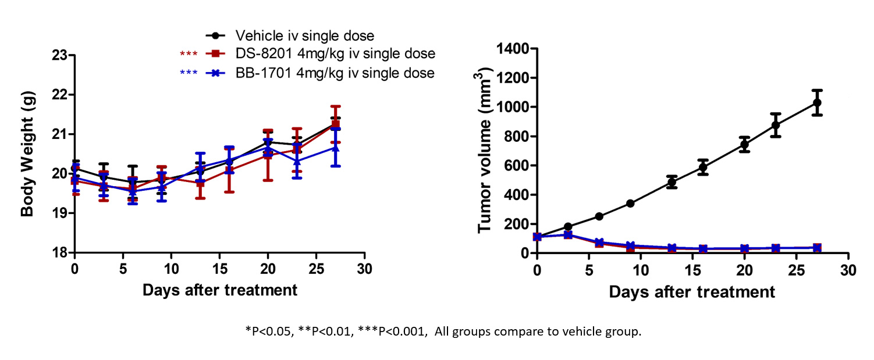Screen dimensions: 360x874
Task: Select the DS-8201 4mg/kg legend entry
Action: coord(335,54)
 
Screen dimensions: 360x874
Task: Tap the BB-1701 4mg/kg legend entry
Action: coord(334,73)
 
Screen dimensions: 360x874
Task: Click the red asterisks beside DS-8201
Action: coord(189,55)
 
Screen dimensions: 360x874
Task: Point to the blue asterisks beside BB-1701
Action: coord(189,74)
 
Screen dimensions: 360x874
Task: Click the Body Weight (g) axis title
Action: coord(27,154)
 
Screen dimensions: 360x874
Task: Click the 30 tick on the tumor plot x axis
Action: coord(849,271)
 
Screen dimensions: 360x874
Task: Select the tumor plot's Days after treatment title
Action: coord(692,291)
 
